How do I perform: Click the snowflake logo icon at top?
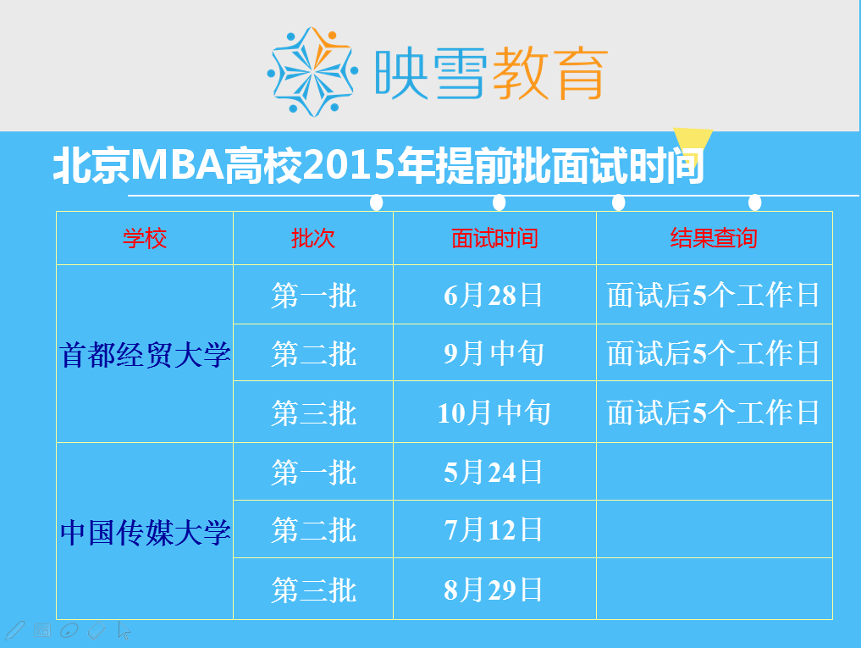tap(312, 71)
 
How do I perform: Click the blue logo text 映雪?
tap(430, 73)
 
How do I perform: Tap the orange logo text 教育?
tap(550, 73)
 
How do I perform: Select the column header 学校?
tap(145, 239)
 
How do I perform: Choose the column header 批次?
tap(313, 239)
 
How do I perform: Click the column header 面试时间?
tap(494, 239)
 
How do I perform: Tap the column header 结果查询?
tap(714, 239)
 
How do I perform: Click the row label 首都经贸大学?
tap(145, 355)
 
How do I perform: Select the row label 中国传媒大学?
tap(145, 533)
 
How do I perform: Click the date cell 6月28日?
tap(493, 295)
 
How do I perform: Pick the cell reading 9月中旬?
tap(494, 353)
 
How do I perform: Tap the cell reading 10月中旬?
tap(494, 413)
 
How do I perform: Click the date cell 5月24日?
tap(493, 472)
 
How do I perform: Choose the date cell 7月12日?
tap(493, 529)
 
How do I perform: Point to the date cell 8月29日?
tap(493, 590)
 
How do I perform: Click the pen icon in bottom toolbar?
tap(14, 630)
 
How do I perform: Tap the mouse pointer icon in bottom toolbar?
tap(124, 631)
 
